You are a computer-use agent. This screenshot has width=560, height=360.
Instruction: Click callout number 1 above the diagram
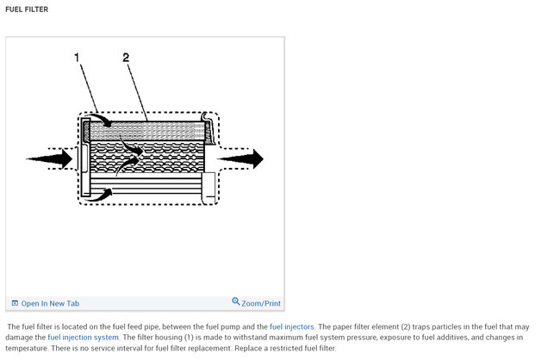[x=78, y=58]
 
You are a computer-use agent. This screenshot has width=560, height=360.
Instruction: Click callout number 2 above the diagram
[x=126, y=58]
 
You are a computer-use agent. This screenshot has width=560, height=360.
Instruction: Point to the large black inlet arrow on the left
[x=50, y=158]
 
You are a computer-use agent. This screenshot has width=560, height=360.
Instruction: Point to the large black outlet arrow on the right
[x=241, y=158]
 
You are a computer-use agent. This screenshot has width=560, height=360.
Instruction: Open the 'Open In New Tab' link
[x=50, y=303]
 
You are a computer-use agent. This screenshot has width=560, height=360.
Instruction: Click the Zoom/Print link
[x=261, y=303]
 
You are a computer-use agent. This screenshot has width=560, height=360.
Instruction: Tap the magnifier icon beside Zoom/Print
[x=236, y=302]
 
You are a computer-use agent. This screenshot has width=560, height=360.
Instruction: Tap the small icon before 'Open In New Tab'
[x=15, y=303]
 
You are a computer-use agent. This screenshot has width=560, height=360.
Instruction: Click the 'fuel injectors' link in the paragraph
[x=291, y=327]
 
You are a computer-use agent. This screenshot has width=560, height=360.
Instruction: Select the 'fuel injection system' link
[x=83, y=338]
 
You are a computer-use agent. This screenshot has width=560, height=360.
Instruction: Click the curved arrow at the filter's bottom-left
[x=102, y=194]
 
